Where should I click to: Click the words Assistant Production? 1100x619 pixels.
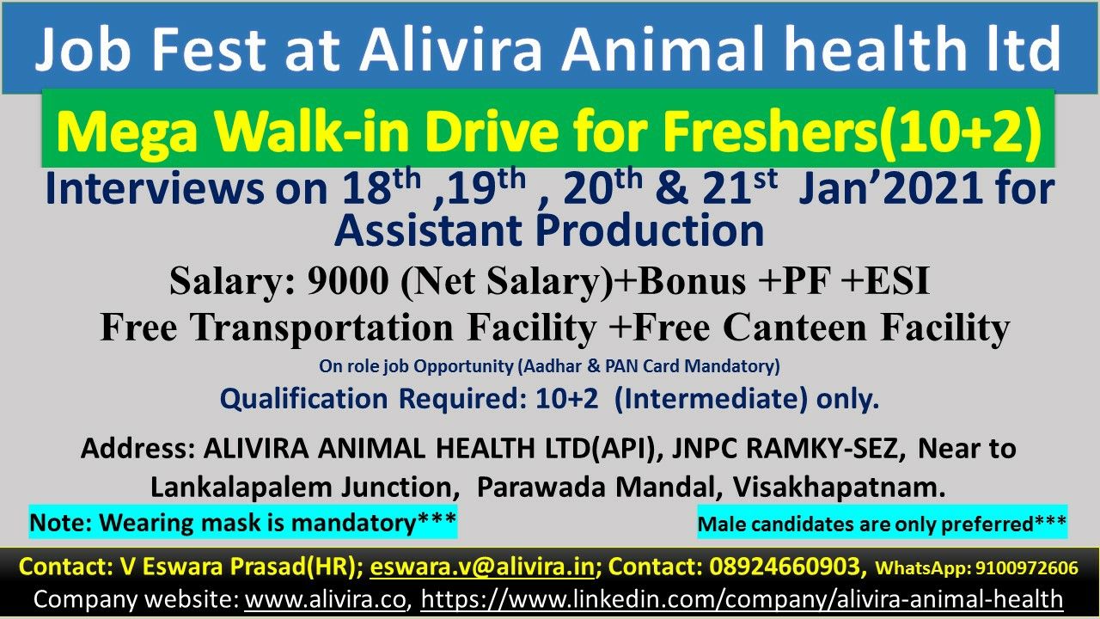pos(549,230)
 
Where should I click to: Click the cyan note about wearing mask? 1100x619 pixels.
pos(243,522)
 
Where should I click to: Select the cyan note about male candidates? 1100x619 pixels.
pos(882,524)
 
